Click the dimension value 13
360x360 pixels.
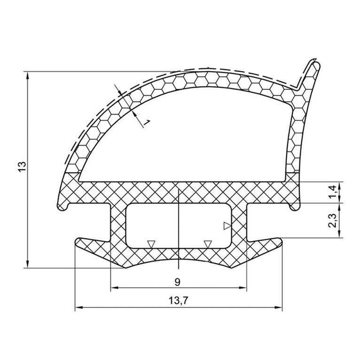click(x=23, y=167)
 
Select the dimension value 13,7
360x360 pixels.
click(x=179, y=300)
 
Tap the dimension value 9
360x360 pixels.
click(x=177, y=282)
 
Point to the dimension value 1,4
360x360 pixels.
click(x=332, y=192)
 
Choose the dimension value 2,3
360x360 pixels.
click(x=332, y=220)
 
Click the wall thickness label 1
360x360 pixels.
click(x=147, y=123)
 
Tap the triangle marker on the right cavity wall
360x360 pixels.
click(x=227, y=226)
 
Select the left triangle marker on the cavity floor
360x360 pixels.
click(x=151, y=244)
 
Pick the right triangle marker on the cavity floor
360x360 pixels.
click(x=208, y=244)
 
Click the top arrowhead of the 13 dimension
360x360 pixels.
click(x=28, y=76)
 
